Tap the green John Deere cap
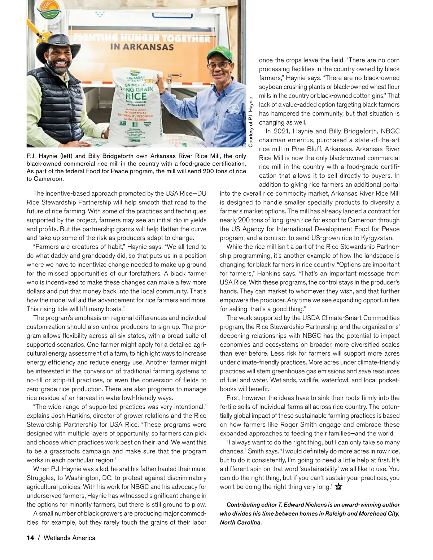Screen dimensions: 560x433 click(x=219, y=53)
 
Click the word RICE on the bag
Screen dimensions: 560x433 click(x=136, y=96)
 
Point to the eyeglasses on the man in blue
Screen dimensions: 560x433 click(x=219, y=65)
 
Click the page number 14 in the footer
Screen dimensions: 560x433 click(x=30, y=538)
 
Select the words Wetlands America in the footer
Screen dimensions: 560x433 click(x=69, y=538)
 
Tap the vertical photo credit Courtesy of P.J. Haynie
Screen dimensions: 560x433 click(x=250, y=122)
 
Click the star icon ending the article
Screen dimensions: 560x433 click(x=338, y=487)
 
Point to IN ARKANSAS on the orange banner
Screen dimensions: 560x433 click(x=142, y=47)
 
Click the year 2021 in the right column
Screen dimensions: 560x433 click(x=281, y=131)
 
